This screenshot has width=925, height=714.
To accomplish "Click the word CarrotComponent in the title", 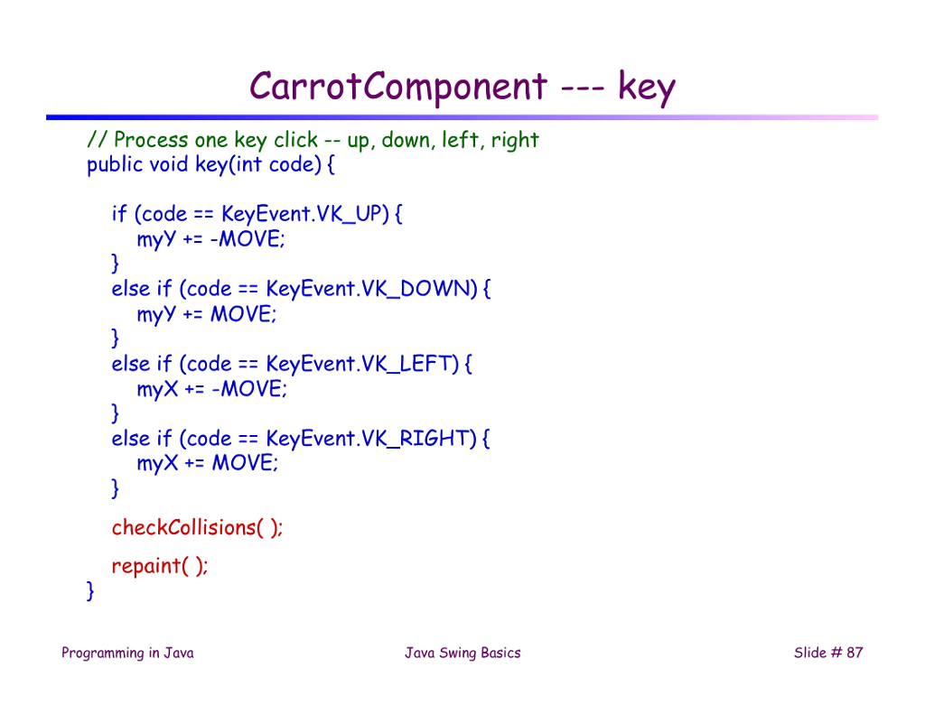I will click(x=398, y=88).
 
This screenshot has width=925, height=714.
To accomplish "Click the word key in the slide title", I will click(x=646, y=88).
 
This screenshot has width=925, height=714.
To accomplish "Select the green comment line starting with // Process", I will click(x=313, y=140).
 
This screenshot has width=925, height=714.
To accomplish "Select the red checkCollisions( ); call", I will click(x=197, y=527).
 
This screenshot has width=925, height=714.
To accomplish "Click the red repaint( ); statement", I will click(x=159, y=566).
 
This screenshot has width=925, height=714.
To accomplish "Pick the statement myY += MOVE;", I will click(x=208, y=314).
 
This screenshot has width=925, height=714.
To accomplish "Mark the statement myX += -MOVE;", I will click(x=211, y=389).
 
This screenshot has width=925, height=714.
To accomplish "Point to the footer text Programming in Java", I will click(x=127, y=653).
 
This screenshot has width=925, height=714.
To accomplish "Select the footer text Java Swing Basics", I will click(x=462, y=653).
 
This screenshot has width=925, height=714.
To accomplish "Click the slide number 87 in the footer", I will click(x=854, y=653).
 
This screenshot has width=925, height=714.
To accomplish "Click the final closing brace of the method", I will click(x=89, y=591).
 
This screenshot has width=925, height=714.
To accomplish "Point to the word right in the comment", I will click(x=515, y=140).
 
